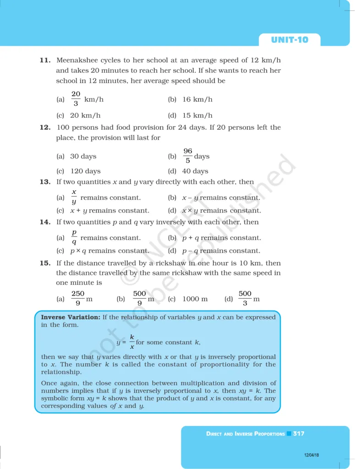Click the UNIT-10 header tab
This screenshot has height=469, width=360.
click(x=289, y=40)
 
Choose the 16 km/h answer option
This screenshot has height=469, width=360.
click(x=197, y=99)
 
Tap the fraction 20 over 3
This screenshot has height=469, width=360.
click(x=76, y=99)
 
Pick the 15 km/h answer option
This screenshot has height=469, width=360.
click(x=197, y=115)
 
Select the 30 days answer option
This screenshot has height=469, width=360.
click(x=83, y=156)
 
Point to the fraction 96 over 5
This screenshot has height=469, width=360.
click(x=188, y=156)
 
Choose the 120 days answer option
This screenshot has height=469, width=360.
click(x=85, y=171)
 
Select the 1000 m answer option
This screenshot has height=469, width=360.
click(x=195, y=299)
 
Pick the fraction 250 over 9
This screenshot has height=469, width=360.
click(x=78, y=298)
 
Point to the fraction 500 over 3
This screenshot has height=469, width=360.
click(x=245, y=298)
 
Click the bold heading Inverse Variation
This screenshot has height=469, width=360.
click(x=71, y=317)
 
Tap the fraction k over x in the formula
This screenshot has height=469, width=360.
click(x=132, y=342)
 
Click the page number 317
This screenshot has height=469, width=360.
click(x=299, y=433)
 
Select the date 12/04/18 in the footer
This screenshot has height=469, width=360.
click(x=312, y=455)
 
